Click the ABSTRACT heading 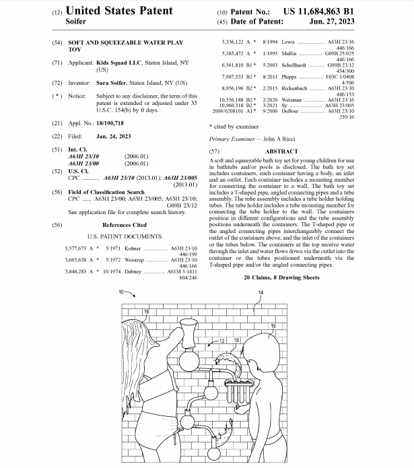(x=281, y=152)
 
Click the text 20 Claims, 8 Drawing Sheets (x=281, y=277)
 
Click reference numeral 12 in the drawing (x=223, y=341)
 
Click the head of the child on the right (x=257, y=349)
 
